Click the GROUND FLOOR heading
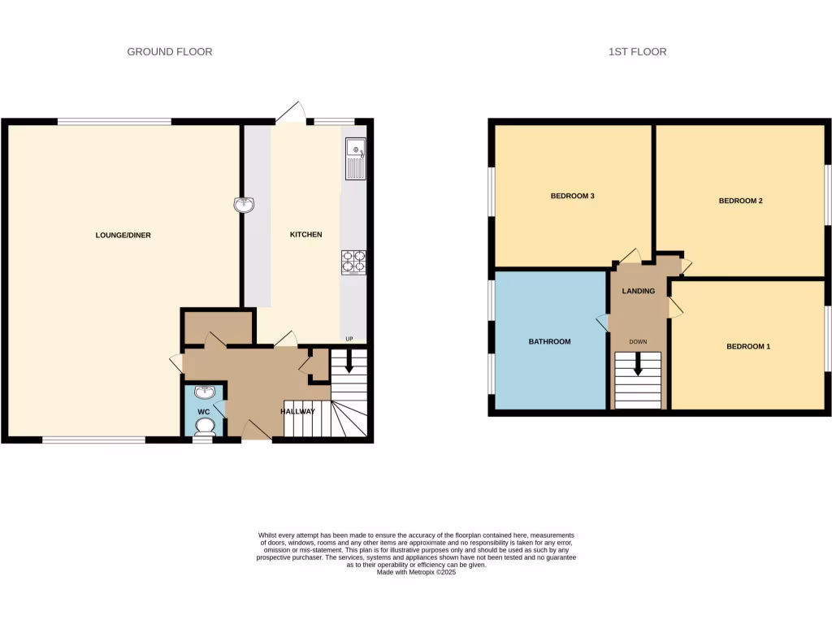169,52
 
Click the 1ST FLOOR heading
637,52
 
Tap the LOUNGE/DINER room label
123,236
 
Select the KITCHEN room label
306,235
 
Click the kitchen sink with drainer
355,159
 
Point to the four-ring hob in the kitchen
353,262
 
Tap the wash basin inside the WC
205,393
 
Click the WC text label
204,411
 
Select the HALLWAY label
297,412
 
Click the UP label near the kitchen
349,339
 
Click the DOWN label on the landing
638,342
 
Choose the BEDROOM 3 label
573,196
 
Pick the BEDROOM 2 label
740,201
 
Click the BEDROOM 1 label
747,347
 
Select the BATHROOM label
549,342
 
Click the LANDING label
638,291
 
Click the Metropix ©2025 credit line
417,572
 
